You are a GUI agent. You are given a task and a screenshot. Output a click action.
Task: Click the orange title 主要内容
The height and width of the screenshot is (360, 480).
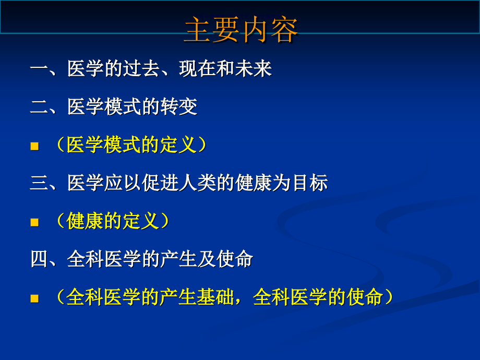[x=241, y=30]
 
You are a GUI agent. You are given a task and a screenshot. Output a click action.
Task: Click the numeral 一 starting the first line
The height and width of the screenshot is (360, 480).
[x=39, y=69]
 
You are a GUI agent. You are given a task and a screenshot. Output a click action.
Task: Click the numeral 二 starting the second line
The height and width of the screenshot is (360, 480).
[x=39, y=107]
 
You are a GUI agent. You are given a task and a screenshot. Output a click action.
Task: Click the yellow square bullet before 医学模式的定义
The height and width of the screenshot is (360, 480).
[x=35, y=147]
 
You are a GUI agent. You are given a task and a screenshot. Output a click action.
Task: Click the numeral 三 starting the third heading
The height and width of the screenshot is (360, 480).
[x=39, y=184]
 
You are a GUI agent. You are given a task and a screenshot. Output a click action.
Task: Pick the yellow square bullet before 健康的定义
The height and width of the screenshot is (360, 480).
[x=35, y=223]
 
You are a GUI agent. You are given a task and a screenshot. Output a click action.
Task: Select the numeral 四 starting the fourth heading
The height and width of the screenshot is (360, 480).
[x=39, y=260]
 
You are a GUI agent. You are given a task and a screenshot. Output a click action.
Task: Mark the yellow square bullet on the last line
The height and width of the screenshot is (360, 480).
[x=35, y=299]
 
